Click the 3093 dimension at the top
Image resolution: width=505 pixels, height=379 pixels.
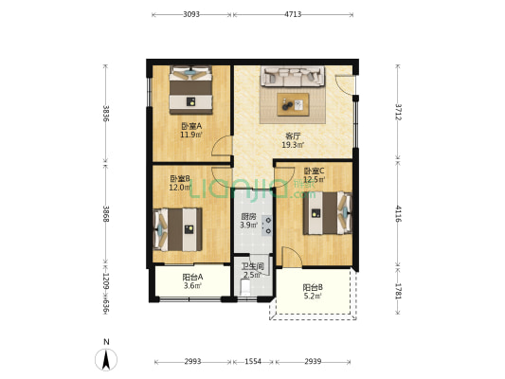coord(191,14)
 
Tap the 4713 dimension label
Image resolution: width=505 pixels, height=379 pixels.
coord(293,14)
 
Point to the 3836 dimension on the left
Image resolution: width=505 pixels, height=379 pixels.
coord(105,114)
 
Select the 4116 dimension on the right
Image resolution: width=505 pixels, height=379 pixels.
coord(398,213)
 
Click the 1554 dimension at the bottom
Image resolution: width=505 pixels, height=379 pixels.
coord(253,362)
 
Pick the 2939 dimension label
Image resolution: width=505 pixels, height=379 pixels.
coord(313,362)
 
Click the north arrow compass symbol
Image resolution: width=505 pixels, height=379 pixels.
coord(106,359)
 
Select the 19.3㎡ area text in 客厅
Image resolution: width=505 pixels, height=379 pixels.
coord(293,145)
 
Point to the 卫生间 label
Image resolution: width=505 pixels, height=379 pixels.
coord(253,266)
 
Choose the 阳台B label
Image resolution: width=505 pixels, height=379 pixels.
coord(313,287)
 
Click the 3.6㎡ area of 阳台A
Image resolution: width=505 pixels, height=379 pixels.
coord(193,285)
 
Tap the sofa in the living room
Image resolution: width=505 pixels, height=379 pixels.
coord(293,77)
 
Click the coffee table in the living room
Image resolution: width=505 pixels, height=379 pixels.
coord(293,104)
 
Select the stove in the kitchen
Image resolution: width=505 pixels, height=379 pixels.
coord(267,226)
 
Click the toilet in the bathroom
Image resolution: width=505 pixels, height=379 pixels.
coord(245,287)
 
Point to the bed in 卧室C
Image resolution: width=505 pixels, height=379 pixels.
coord(327,213)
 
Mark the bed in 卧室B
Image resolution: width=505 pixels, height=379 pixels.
coord(178,229)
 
